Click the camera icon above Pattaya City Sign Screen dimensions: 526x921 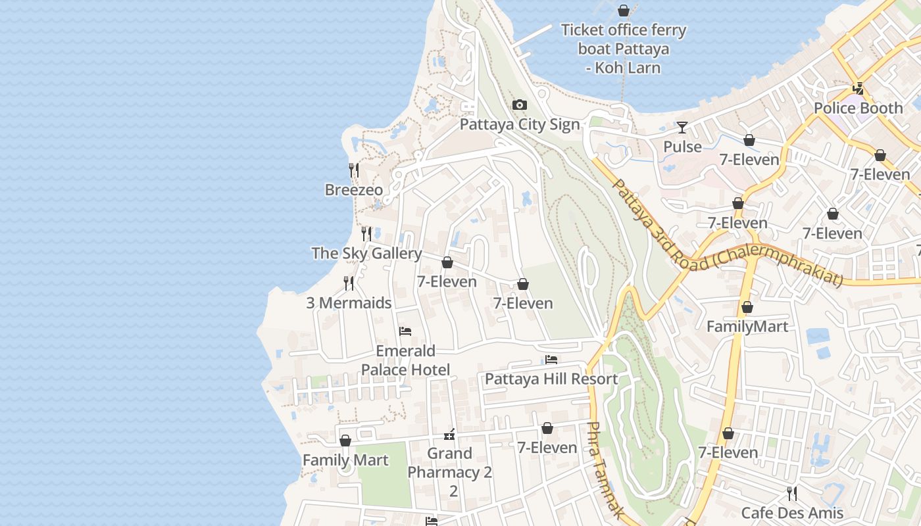(x=520, y=105)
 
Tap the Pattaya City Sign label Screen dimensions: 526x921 (x=520, y=124)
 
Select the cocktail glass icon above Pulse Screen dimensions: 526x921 (x=682, y=128)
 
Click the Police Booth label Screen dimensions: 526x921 (x=858, y=108)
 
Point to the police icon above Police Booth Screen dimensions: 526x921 (x=858, y=89)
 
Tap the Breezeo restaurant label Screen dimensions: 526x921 (x=354, y=190)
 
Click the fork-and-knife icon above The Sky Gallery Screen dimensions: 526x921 (x=366, y=233)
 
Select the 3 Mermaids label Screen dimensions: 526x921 (x=349, y=303)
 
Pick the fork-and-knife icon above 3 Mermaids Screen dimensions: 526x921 (x=349, y=283)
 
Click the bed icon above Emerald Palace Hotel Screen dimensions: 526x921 (x=405, y=331)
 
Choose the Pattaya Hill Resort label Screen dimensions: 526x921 (x=551, y=379)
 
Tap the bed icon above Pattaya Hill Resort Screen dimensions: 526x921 (x=551, y=360)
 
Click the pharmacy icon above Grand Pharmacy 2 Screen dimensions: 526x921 (x=450, y=434)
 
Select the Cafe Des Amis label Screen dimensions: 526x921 (x=792, y=513)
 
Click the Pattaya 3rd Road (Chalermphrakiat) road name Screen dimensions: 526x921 (x=727, y=233)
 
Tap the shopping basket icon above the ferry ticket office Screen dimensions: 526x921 (x=623, y=11)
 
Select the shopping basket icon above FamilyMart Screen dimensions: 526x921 (x=747, y=307)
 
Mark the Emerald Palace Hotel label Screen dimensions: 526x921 (x=405, y=360)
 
